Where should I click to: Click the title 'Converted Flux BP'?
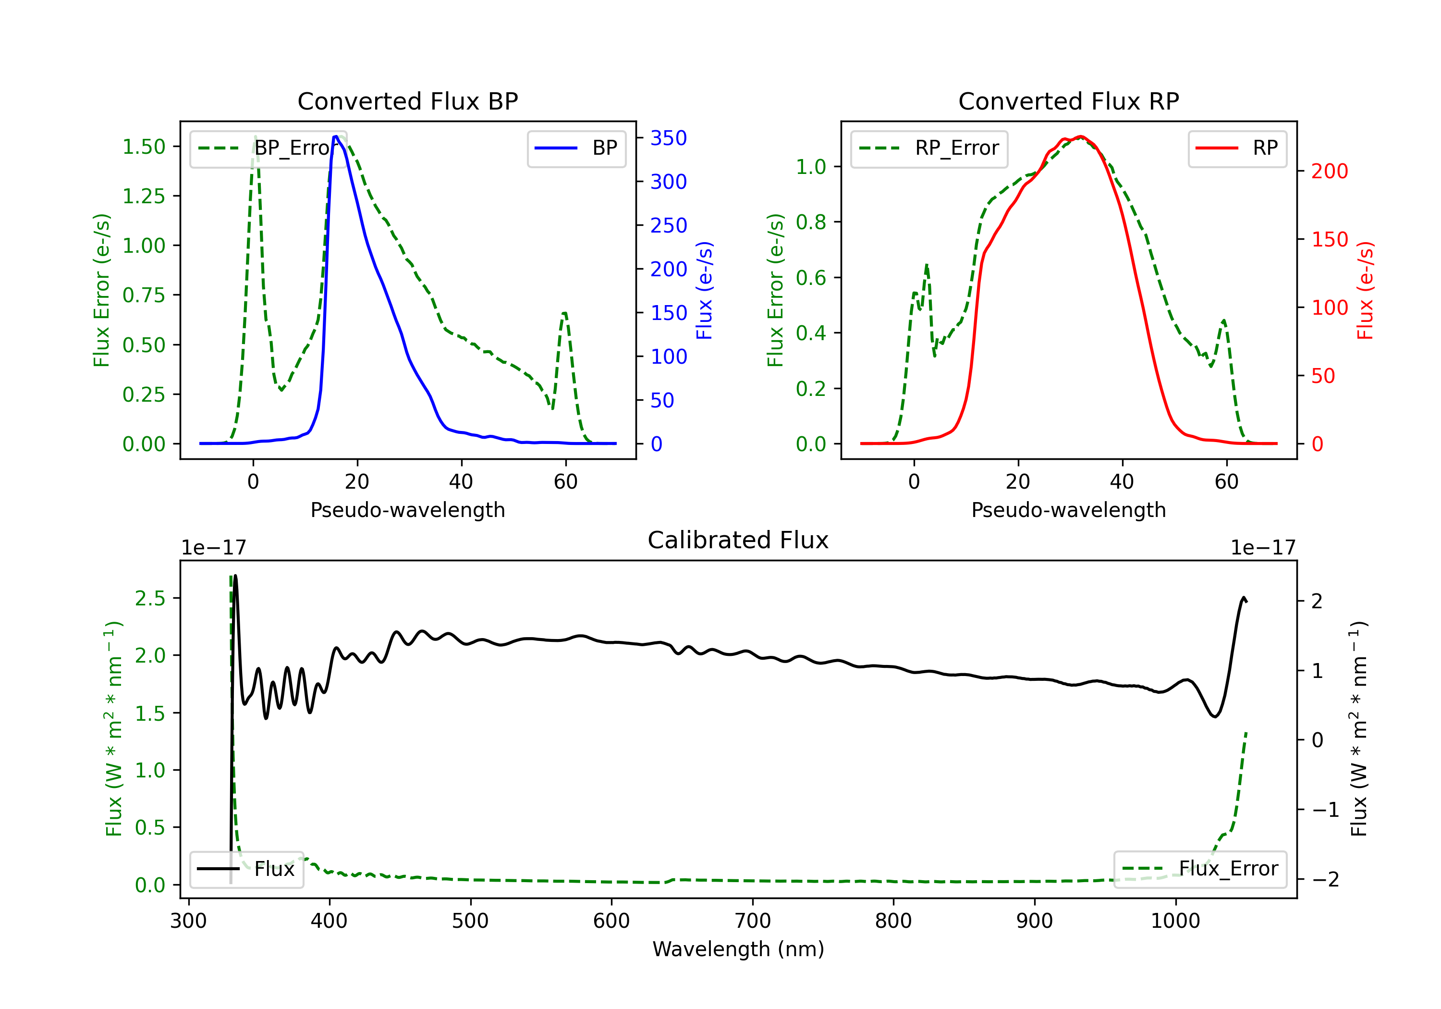click(x=407, y=101)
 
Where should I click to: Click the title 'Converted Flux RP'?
click(x=1068, y=101)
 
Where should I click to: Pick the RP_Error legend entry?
click(x=929, y=148)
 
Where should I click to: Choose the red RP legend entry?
click(x=1237, y=148)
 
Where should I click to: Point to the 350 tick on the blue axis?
click(x=669, y=138)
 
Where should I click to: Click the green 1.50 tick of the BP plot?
click(x=144, y=147)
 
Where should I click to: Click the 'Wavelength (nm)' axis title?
click(x=738, y=949)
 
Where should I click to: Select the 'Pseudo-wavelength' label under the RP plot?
click(x=1068, y=510)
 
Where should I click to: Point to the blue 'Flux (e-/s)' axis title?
click(x=704, y=290)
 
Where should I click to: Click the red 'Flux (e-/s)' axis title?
click(x=1365, y=290)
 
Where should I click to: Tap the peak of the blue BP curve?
click(x=336, y=136)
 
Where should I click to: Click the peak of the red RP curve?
click(x=1079, y=136)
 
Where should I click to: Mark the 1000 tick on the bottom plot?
click(x=1175, y=921)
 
